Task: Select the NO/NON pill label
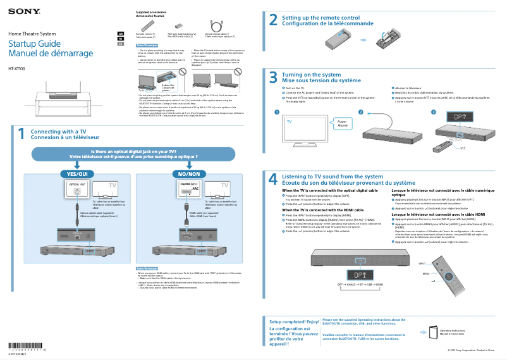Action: coord(189,156)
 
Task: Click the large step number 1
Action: coord(21,134)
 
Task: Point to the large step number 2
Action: coord(273,20)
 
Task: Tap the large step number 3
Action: coord(273,78)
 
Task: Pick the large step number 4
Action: coord(273,179)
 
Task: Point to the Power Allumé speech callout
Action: coord(342,123)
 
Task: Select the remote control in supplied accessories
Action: coord(146,25)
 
